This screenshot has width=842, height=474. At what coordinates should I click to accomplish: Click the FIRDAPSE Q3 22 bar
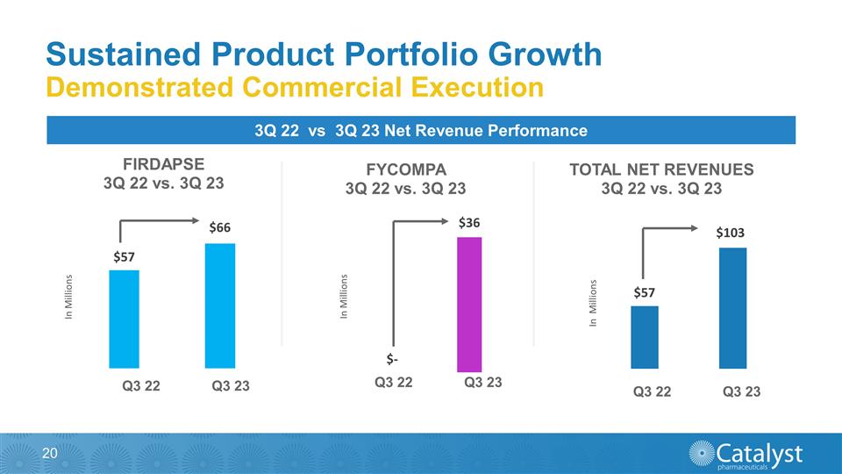124,319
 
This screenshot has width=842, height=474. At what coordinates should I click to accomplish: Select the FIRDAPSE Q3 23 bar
219,305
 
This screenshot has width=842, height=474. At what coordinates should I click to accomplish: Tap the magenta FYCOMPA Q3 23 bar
470,304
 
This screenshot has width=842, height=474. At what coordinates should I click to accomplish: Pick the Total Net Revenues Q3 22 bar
644,337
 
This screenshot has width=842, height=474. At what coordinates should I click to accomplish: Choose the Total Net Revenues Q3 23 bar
732,308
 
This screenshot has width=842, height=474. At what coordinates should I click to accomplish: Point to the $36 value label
470,223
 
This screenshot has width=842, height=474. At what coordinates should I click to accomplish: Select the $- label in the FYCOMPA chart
395,359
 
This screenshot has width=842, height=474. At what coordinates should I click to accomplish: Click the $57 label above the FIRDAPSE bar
125,256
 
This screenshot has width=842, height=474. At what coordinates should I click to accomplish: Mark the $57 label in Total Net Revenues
645,291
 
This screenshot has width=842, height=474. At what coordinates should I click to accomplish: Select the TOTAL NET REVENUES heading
662,169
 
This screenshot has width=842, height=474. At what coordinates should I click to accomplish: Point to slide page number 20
49,453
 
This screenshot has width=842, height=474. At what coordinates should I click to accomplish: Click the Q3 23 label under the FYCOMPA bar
482,383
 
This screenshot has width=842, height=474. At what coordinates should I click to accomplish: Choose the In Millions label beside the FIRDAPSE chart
70,298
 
